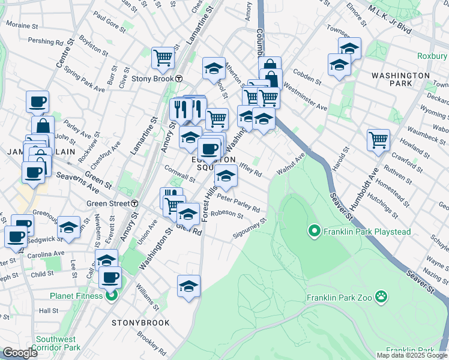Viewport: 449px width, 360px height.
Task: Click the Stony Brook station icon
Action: tap(179, 79)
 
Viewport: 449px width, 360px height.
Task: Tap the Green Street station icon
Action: tap(135, 203)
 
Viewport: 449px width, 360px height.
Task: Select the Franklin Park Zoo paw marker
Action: tap(381, 296)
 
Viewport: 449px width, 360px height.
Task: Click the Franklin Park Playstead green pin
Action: tap(313, 230)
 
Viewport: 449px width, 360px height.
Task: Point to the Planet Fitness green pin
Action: tap(110, 295)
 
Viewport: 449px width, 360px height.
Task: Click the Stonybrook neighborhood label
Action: tap(140, 323)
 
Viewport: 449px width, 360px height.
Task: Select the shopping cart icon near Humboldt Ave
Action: tap(378, 140)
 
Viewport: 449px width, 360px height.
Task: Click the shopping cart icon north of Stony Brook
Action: tap(163, 58)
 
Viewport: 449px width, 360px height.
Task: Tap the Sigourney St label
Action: tap(250, 232)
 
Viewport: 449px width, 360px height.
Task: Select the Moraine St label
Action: tap(23, 25)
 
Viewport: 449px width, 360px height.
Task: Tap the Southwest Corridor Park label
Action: tap(58, 343)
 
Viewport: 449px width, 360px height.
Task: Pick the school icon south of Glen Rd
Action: tap(188, 286)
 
